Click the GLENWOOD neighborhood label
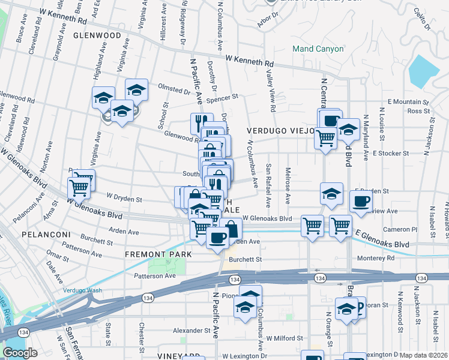tap(97, 35)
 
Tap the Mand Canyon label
tap(318, 49)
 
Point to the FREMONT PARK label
tap(158, 254)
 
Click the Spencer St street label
tap(226, 96)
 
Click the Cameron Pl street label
tap(400, 229)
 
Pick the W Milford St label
tap(284, 338)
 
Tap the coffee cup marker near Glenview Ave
tap(361, 202)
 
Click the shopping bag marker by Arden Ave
tap(231, 229)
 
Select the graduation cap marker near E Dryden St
tap(331, 194)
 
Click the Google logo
tap(20, 353)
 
